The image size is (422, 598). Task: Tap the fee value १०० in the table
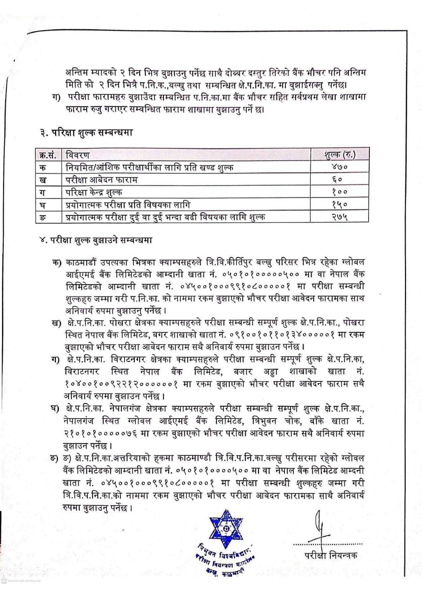(x=339, y=192)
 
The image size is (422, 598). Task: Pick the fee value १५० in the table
(x=339, y=205)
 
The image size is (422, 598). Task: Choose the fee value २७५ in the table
(x=339, y=217)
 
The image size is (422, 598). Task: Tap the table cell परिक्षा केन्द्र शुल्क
(x=94, y=192)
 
